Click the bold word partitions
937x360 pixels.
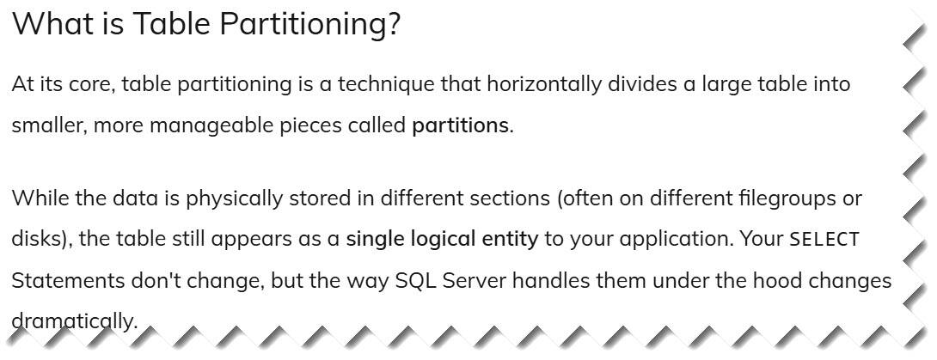tap(460, 126)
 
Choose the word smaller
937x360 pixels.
tap(48, 126)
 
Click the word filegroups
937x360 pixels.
tap(782, 198)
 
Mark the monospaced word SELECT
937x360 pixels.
tap(824, 240)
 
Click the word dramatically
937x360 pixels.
tap(74, 322)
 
